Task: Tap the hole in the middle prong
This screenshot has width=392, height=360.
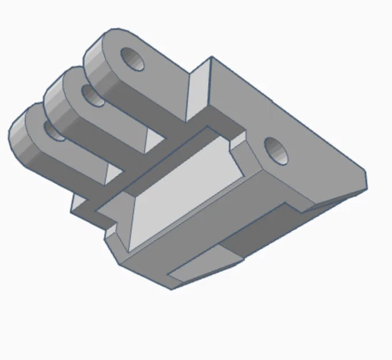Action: (x=92, y=95)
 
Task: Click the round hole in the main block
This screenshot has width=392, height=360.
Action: (x=277, y=150)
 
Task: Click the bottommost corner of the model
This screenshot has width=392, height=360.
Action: (x=171, y=289)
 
